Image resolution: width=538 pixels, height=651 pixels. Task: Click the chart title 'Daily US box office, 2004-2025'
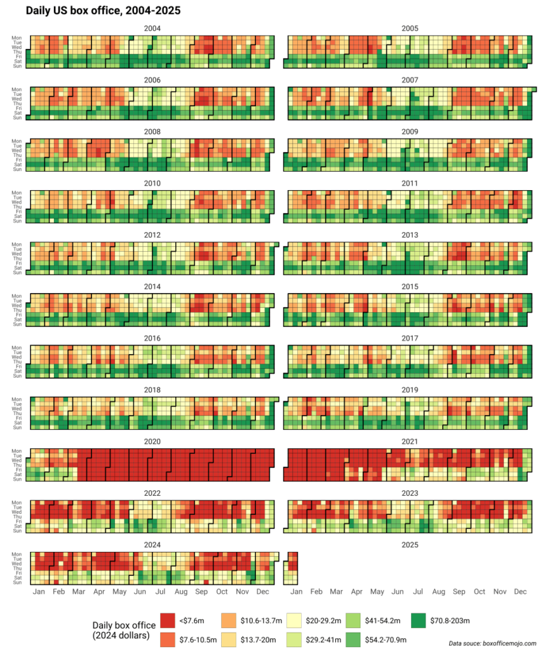click(103, 10)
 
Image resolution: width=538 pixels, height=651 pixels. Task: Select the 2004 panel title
click(152, 29)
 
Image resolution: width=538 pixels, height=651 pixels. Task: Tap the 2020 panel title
click(152, 442)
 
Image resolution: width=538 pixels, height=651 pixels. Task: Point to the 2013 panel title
click(410, 235)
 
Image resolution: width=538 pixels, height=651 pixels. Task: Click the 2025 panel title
click(410, 545)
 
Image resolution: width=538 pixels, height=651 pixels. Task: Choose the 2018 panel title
click(152, 390)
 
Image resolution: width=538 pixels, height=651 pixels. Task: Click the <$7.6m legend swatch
click(168, 620)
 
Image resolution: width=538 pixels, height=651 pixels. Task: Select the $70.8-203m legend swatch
click(419, 620)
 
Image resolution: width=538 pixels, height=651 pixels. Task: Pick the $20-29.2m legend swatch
click(293, 620)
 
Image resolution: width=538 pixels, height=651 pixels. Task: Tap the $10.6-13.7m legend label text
click(261, 621)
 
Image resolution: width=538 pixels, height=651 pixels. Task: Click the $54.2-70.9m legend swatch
click(353, 640)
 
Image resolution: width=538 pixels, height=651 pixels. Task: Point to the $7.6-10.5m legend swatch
click(168, 640)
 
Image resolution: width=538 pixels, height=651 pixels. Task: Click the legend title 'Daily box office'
click(124, 626)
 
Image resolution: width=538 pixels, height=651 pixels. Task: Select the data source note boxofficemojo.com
click(492, 643)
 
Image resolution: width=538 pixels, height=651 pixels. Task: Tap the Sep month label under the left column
click(201, 592)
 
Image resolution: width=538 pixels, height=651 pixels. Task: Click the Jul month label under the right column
click(418, 592)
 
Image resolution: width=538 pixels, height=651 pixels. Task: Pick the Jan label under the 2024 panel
click(39, 592)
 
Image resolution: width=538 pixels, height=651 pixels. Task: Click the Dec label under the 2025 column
click(520, 592)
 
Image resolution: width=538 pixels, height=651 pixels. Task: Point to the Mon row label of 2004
click(17, 38)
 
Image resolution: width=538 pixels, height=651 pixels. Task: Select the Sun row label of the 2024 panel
click(17, 582)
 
